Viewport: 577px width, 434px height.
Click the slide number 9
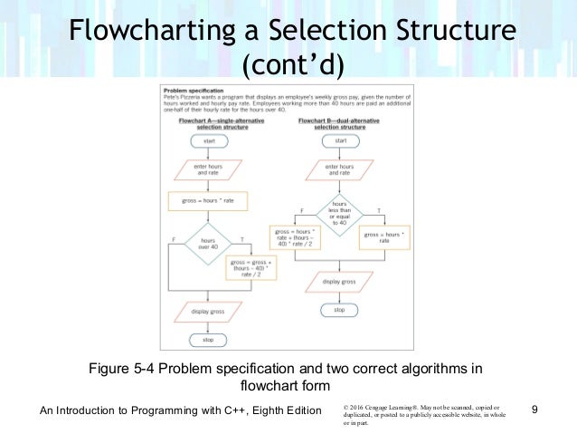[x=536, y=411]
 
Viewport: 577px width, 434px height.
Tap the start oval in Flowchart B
[x=340, y=141]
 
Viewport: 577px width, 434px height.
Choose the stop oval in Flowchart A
[x=209, y=340]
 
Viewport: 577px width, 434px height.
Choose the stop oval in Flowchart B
[x=340, y=309]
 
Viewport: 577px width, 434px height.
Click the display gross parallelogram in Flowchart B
[x=340, y=281]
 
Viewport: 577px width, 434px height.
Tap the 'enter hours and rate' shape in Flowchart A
[x=209, y=169]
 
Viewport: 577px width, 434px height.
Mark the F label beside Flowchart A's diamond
[x=174, y=239]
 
